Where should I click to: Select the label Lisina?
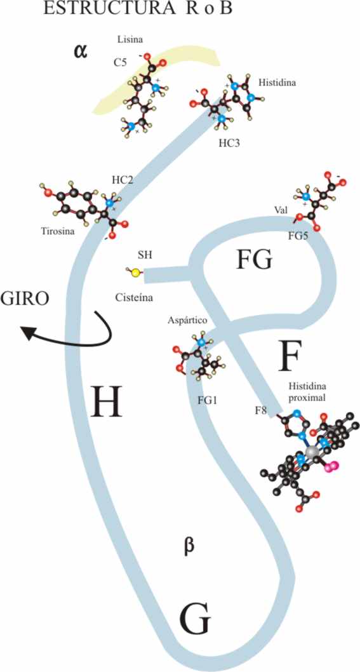click(130, 39)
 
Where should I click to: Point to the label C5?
click(121, 63)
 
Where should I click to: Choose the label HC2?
click(122, 180)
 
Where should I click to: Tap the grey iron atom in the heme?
click(313, 452)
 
